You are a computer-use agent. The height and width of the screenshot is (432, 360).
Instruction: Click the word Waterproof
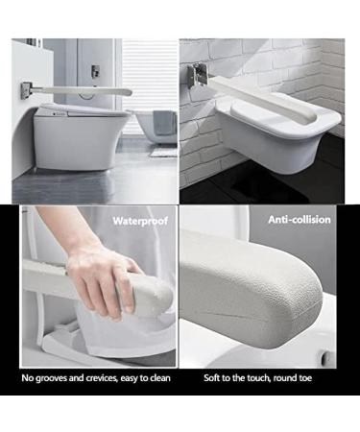pos(140,220)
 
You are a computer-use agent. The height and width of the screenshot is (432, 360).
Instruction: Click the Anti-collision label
pos(300,220)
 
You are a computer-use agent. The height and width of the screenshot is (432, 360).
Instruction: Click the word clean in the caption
pos(160,378)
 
